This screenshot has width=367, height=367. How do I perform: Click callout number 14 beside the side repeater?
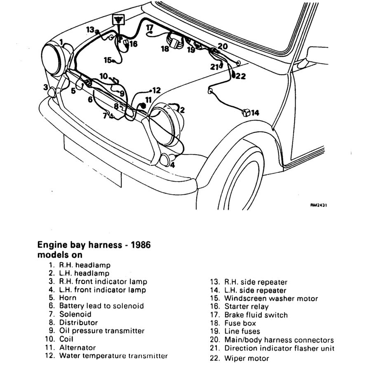pos(255,113)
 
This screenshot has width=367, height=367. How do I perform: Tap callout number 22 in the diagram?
pos(240,76)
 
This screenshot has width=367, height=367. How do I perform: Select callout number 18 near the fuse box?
pos(165,49)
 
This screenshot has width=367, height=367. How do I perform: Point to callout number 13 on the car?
pos(90,29)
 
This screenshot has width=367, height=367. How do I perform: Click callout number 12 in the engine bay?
pos(156,90)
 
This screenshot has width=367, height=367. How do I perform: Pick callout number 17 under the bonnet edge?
pos(150,28)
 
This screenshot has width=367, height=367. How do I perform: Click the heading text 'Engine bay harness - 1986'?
pos(94,245)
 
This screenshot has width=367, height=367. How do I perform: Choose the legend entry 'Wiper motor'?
pos(247,358)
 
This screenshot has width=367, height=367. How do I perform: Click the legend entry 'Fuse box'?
pos(240,323)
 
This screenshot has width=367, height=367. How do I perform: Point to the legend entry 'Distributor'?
pos(78,322)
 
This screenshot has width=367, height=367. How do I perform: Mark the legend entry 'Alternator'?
pos(78,348)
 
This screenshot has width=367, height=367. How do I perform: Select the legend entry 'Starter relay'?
pos(246,306)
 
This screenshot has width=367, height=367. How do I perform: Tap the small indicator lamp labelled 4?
pos(165,160)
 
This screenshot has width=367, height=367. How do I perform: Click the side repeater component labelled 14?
pos(246,113)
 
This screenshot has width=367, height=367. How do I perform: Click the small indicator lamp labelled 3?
pos(52,92)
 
